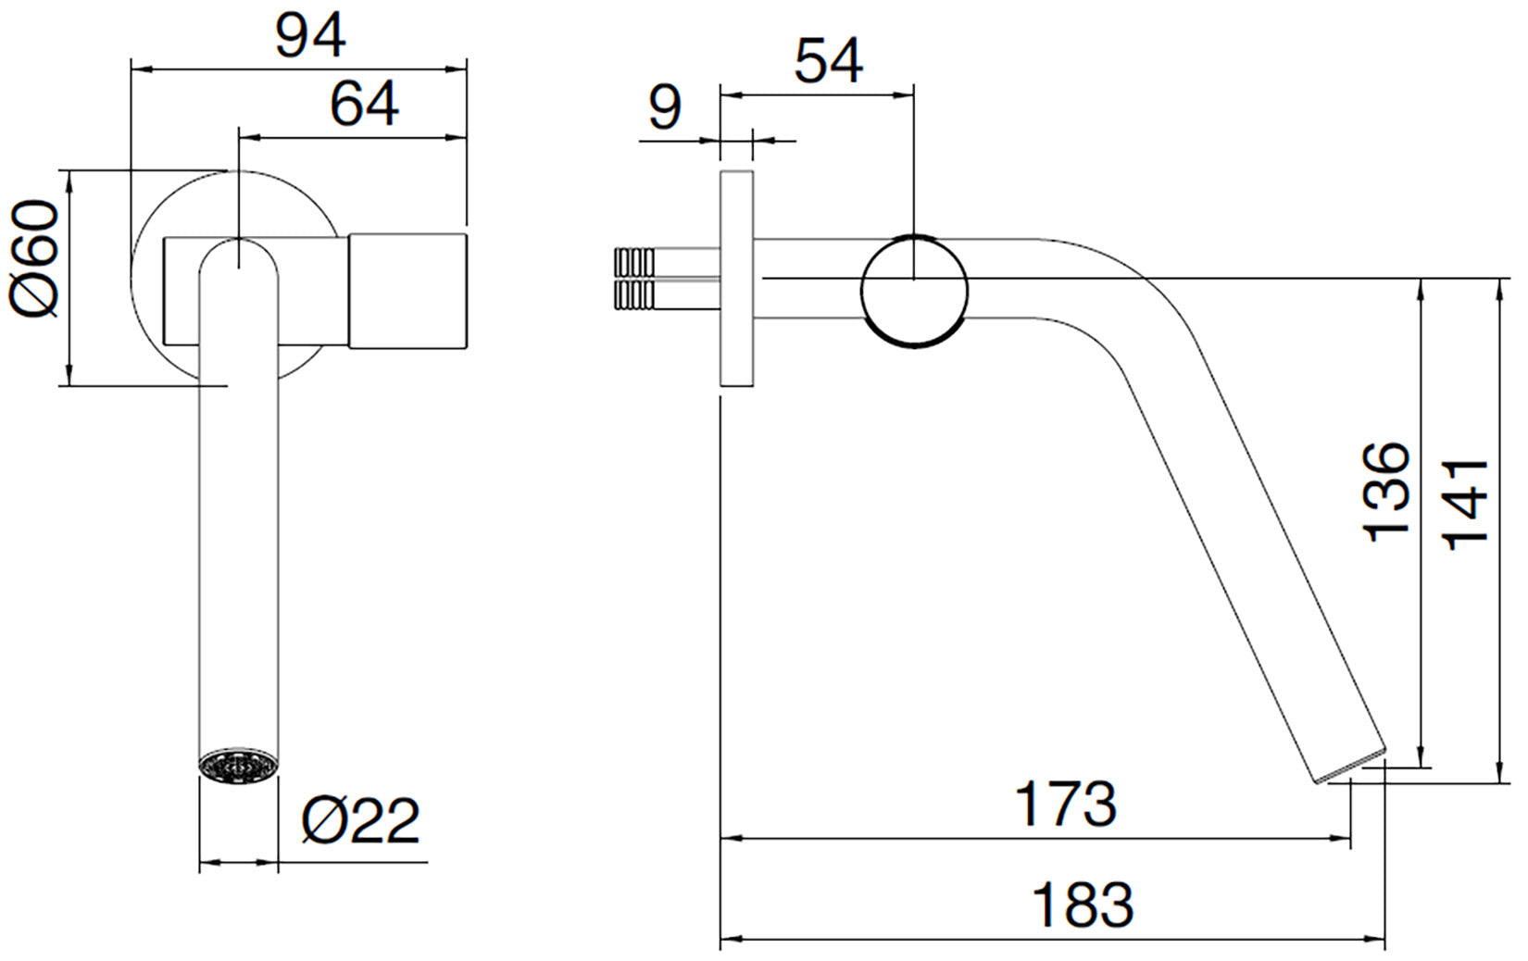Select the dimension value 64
tap(365, 104)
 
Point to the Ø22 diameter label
tap(361, 819)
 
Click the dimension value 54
tap(829, 61)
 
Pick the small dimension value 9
tap(664, 106)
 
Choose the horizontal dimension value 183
tap(1083, 905)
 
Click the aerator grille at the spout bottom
tap(239, 766)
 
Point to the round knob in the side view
tap(914, 291)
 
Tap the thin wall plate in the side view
tap(736, 278)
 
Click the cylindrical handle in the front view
tap(407, 292)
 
